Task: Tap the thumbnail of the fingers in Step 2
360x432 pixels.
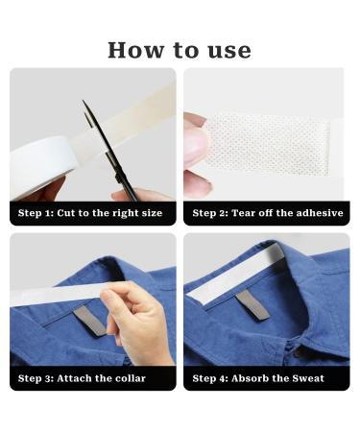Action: (196, 144)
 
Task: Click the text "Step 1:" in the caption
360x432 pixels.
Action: (37, 213)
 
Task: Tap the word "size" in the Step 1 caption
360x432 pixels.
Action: (152, 213)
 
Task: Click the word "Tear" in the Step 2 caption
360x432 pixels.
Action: (246, 213)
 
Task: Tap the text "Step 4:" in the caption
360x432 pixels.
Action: (211, 378)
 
